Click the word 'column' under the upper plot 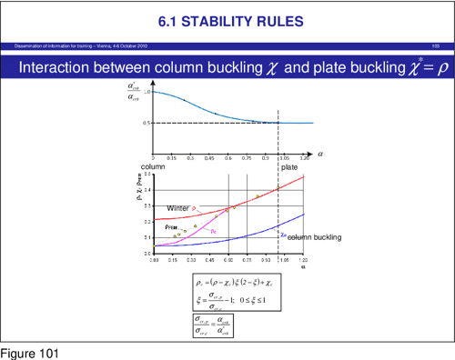tap(153, 166)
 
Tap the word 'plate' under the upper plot tap(289, 166)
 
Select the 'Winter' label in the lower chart tap(177, 208)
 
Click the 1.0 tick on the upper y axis tap(146, 92)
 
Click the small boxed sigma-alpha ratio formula tap(214, 324)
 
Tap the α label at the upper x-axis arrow tap(319, 154)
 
